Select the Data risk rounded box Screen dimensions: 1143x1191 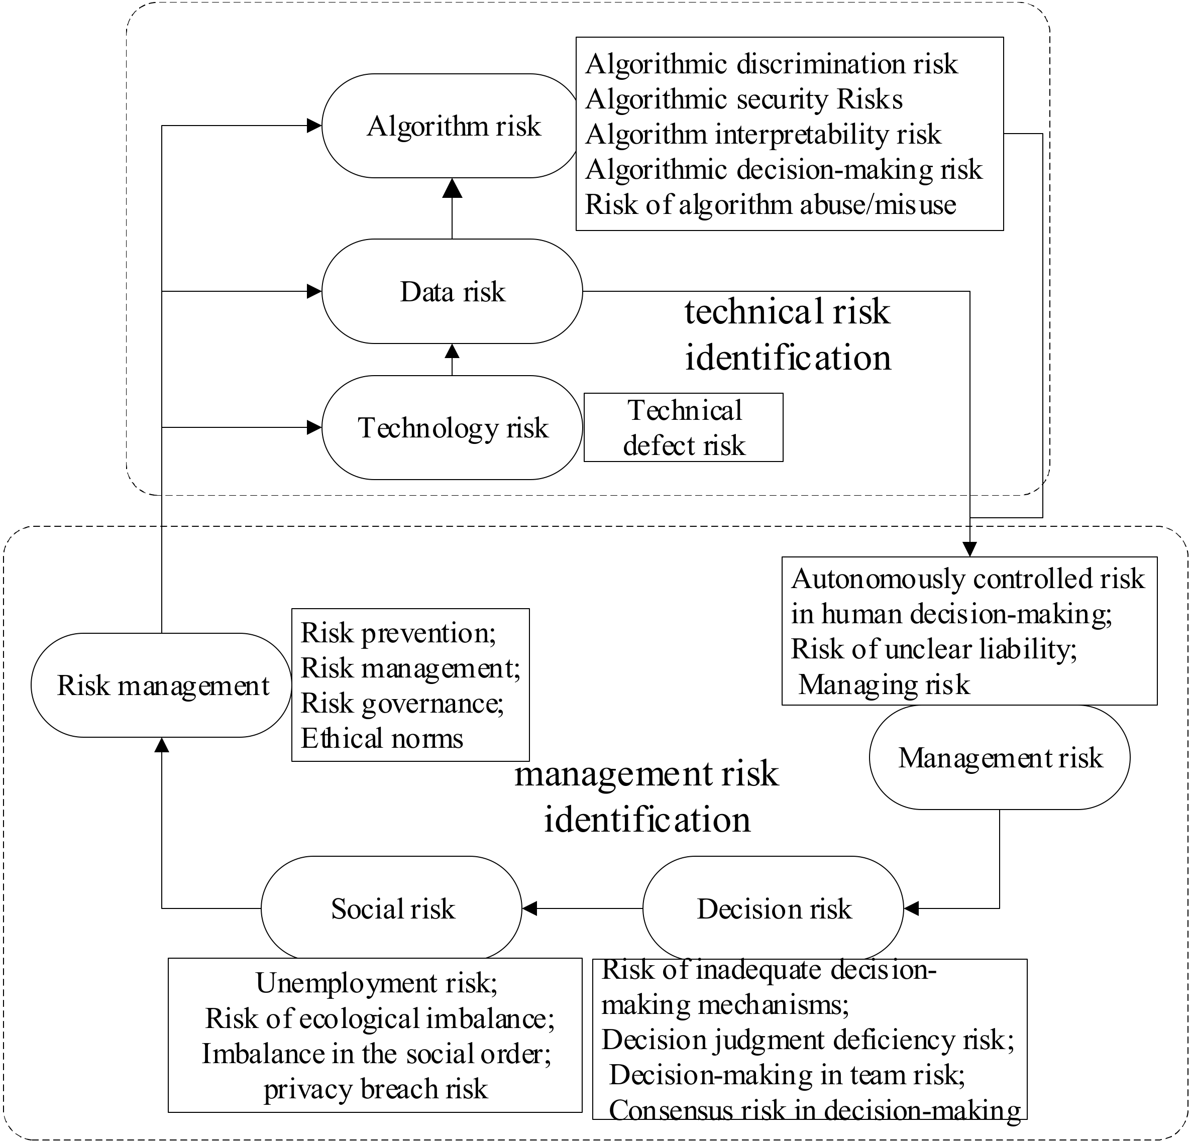[x=452, y=292]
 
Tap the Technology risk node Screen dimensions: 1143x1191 [x=452, y=428]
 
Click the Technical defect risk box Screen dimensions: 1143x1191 [x=684, y=428]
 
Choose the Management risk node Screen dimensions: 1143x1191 [x=1000, y=758]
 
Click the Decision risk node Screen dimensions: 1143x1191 [x=773, y=909]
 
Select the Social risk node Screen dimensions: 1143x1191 [x=392, y=909]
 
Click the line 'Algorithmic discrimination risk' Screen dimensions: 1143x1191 [x=771, y=64]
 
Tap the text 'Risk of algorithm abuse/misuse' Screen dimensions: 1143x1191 [x=771, y=205]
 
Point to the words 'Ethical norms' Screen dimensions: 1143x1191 [x=382, y=739]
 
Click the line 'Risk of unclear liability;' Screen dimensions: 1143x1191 [x=934, y=649]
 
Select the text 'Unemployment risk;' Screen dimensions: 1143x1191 [x=376, y=983]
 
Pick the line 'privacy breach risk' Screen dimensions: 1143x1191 [x=376, y=1089]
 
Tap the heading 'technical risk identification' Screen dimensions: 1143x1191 [x=788, y=334]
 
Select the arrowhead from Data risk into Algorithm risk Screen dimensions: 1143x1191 [x=452, y=188]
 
